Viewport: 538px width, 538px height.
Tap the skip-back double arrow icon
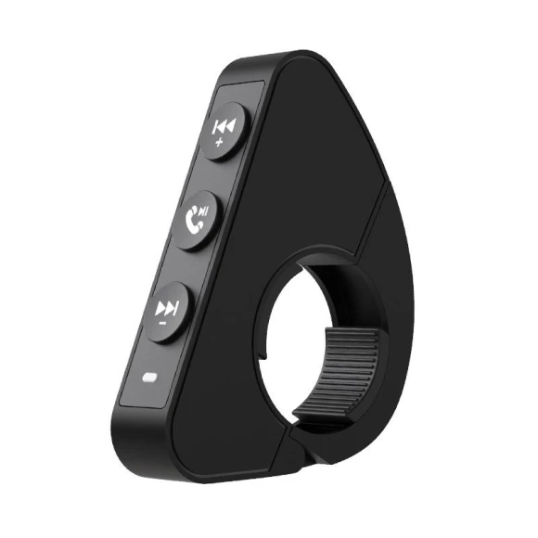tap(224, 127)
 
